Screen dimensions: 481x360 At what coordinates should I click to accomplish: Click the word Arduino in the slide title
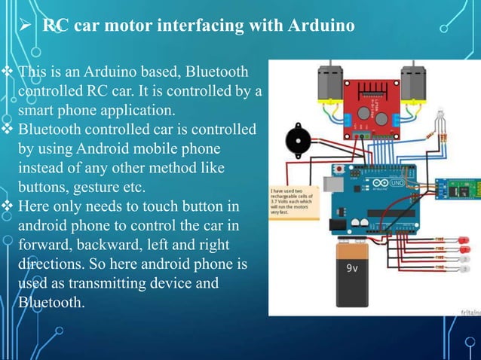point(321,26)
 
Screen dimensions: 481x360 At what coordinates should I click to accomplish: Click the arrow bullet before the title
point(26,26)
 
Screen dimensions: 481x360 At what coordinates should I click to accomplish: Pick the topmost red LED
point(464,239)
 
